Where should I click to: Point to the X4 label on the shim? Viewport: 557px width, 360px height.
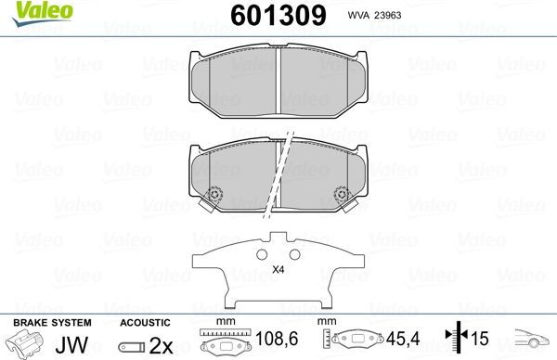pyautogui.click(x=278, y=270)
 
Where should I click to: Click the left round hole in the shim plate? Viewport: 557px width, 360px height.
pyautogui.click(x=257, y=254)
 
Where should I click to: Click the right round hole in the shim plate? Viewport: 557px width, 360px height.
pyautogui.click(x=295, y=254)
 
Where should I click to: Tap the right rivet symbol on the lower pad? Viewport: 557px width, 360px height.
pyautogui.click(x=340, y=196)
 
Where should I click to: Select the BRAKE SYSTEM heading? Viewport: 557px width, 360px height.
pyautogui.click(x=51, y=322)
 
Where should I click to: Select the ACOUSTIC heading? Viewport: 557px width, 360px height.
pyautogui.click(x=145, y=322)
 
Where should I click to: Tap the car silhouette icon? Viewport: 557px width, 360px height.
pyautogui.click(x=531, y=341)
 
